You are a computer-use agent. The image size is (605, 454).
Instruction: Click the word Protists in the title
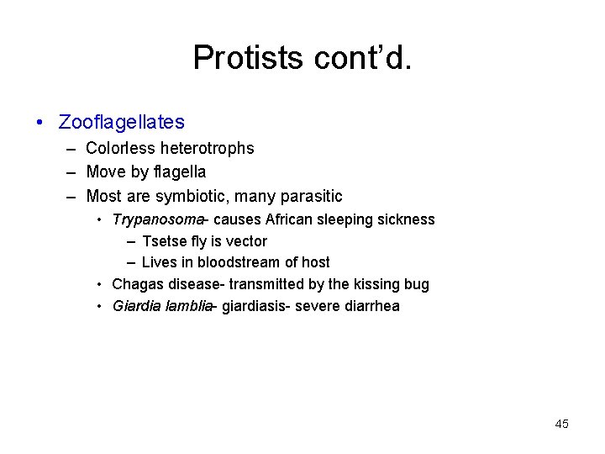coord(245,58)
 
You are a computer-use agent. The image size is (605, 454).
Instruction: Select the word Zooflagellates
coord(122,123)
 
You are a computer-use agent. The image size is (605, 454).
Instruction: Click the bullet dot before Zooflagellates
coord(41,123)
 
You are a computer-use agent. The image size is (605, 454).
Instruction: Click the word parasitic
coord(310,197)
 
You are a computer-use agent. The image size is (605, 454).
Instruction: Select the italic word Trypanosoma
coord(157,220)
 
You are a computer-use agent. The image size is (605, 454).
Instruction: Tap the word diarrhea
coord(371,306)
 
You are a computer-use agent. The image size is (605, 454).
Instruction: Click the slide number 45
coord(562,424)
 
